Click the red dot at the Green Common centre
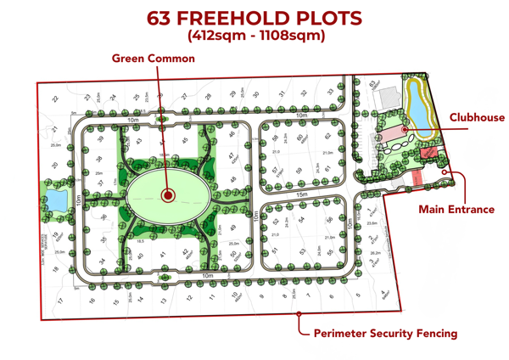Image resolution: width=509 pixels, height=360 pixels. [167, 195]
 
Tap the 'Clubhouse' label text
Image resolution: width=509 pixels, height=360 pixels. [477, 118]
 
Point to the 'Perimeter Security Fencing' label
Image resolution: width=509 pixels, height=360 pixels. [385, 334]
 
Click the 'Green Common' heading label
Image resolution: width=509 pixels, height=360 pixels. [154, 59]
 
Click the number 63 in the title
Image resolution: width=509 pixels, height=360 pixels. [165, 18]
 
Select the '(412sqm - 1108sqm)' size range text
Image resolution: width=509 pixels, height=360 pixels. [255, 36]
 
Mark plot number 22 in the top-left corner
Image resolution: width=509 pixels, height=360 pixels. [54, 98]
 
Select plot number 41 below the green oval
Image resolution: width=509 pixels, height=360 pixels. [161, 255]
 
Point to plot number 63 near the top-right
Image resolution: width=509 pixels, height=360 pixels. [373, 83]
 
